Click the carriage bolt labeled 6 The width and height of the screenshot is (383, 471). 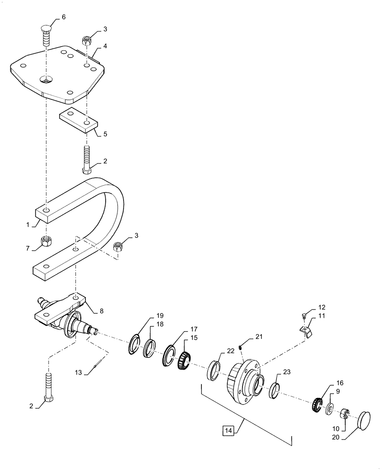(46, 35)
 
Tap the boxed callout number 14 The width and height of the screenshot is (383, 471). (228, 430)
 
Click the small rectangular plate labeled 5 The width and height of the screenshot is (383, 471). (78, 121)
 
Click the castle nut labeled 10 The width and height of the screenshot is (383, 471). (344, 414)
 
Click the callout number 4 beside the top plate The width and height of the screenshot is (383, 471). (106, 47)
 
